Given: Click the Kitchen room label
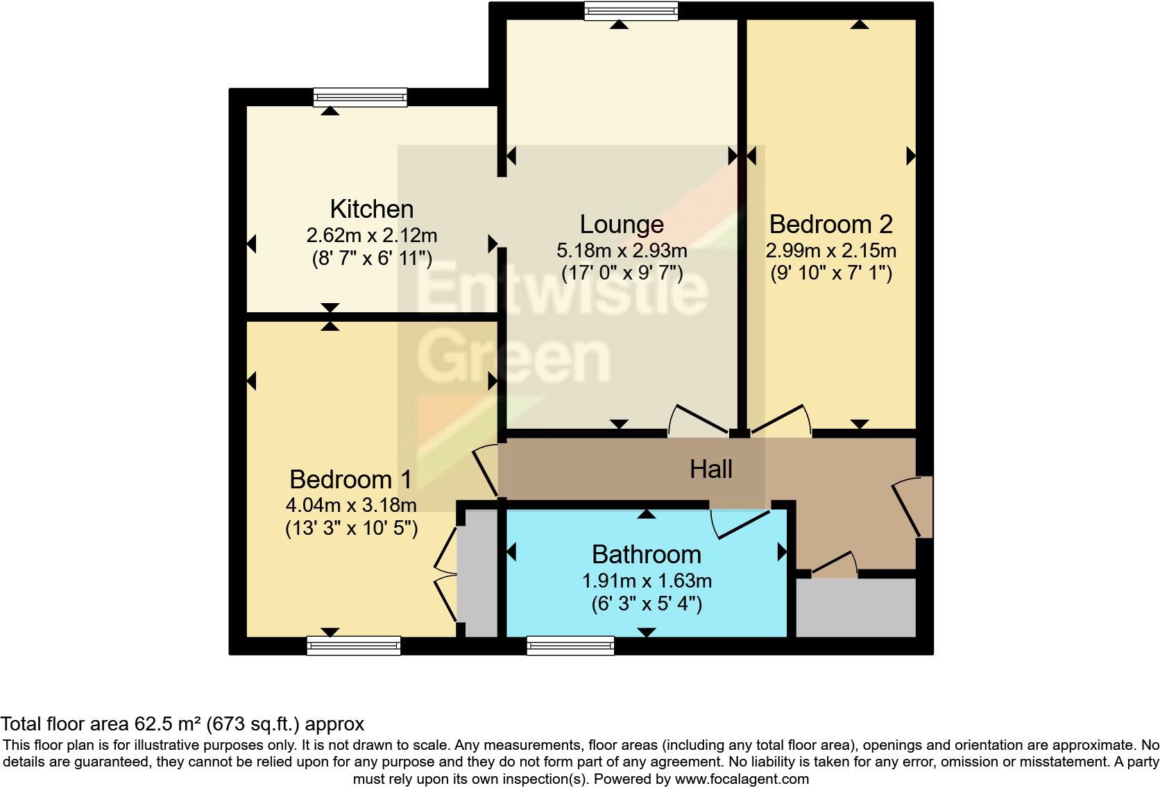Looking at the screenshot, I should pyautogui.click(x=371, y=209).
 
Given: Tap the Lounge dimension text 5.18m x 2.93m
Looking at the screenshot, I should pyautogui.click(x=622, y=250).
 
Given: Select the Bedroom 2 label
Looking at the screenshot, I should pyautogui.click(x=830, y=225).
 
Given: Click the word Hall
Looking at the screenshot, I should pyautogui.click(x=710, y=470).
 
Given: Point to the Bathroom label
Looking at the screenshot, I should pyautogui.click(x=646, y=554).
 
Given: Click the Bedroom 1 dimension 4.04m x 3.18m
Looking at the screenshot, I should pyautogui.click(x=351, y=504).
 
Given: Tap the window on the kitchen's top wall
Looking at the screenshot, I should pyautogui.click(x=360, y=97).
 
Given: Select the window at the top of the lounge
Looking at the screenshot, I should pyautogui.click(x=631, y=10).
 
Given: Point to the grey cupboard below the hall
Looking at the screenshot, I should pyautogui.click(x=855, y=608).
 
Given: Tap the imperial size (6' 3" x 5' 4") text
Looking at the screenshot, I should pyautogui.click(x=646, y=604).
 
